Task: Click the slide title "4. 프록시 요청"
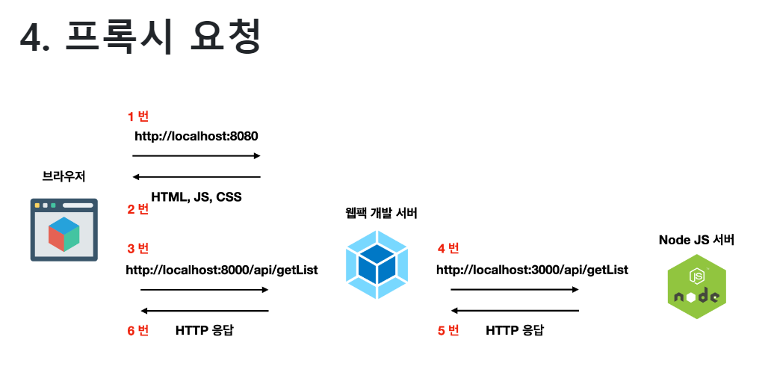click(x=140, y=37)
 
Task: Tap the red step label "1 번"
click(x=137, y=116)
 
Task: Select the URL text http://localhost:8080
click(x=196, y=137)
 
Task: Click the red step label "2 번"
click(x=137, y=209)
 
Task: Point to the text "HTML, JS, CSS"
click(x=196, y=197)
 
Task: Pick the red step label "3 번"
click(x=137, y=249)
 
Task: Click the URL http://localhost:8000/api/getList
click(x=222, y=270)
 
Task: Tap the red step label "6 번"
click(x=137, y=330)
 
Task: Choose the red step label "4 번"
click(x=448, y=249)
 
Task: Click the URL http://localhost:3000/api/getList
click(x=532, y=270)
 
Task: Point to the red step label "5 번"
click(x=448, y=330)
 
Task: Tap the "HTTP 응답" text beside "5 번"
click(x=515, y=330)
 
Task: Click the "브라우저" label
click(x=64, y=177)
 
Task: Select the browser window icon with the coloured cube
click(x=64, y=229)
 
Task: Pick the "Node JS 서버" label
click(x=696, y=240)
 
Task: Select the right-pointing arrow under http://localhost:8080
click(x=196, y=156)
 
